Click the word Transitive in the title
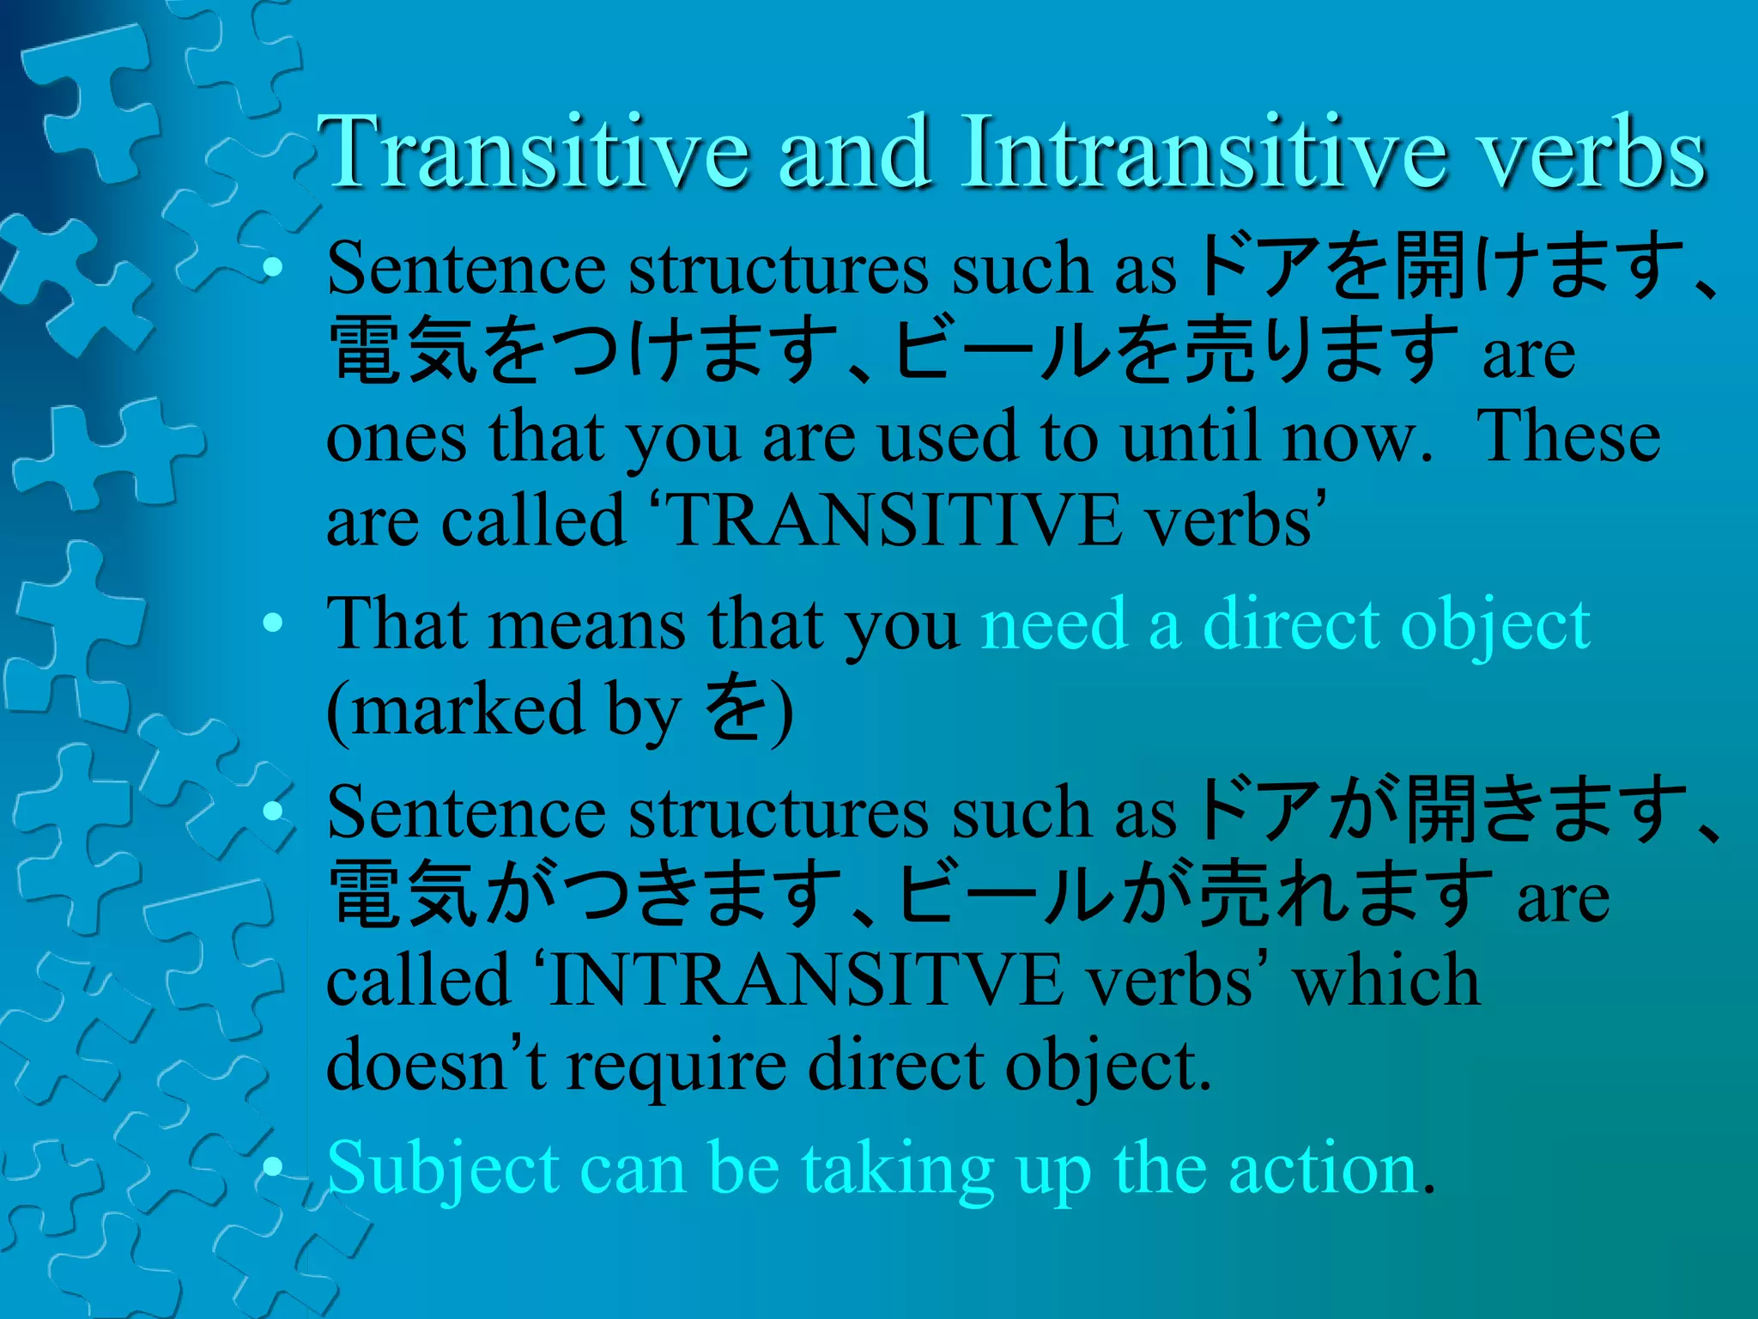pyautogui.click(x=533, y=153)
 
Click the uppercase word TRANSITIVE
pyautogui.click(x=893, y=520)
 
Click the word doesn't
pyautogui.click(x=436, y=1066)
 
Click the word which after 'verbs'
pyautogui.click(x=1386, y=982)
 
